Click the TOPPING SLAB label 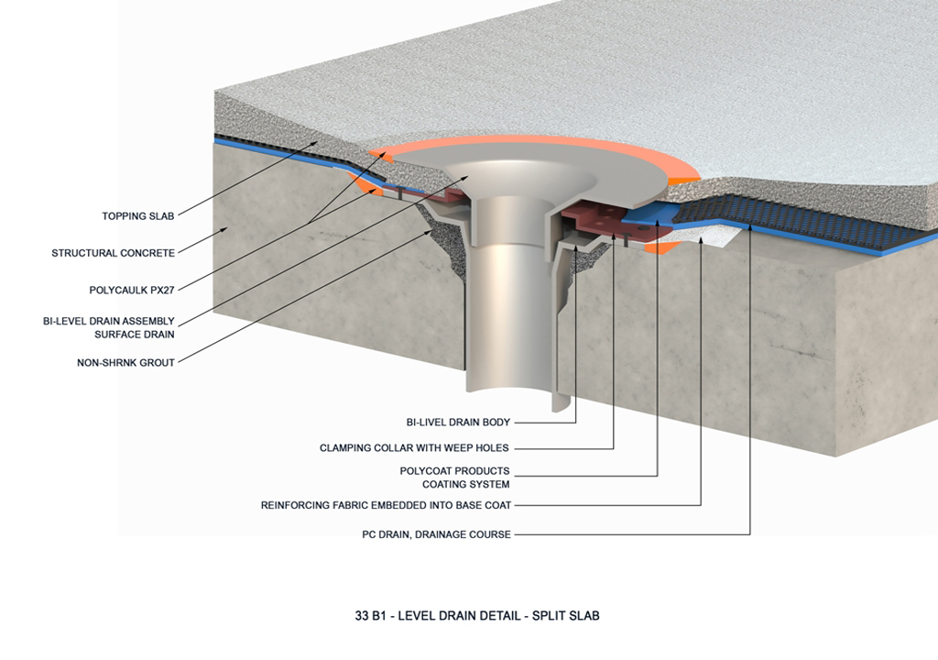137,217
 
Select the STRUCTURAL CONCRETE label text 113,253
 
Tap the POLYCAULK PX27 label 131,290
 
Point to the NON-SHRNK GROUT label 125,362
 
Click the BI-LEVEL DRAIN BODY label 458,423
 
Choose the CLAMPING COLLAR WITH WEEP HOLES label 414,448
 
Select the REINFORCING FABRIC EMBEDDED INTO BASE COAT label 386,505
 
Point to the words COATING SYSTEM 465,484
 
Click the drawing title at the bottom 469,616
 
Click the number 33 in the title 346,616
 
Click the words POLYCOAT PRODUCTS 454,471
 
